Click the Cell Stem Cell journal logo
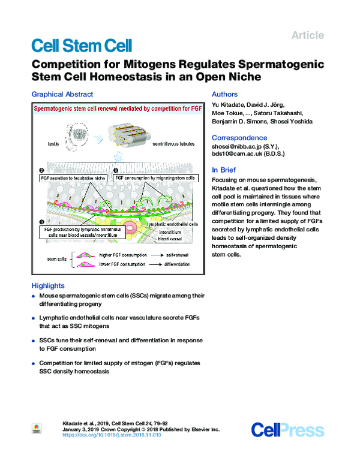[81, 45]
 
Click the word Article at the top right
[307, 35]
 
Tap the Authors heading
[225, 94]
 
